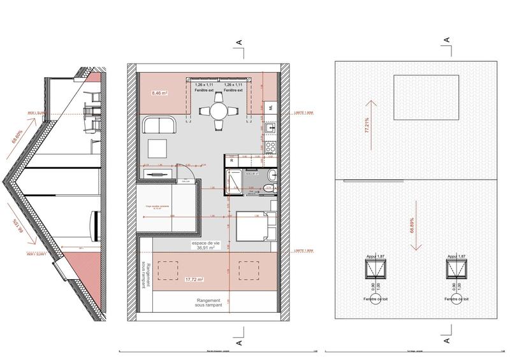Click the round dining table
[x=219, y=111]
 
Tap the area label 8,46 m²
[x=159, y=93]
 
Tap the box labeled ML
[x=270, y=107]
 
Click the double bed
[x=254, y=225]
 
